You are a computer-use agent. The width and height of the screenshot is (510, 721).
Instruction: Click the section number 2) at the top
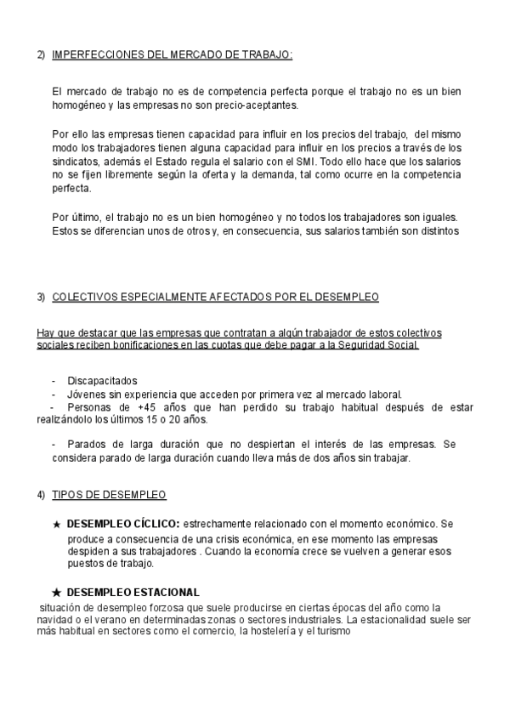41,54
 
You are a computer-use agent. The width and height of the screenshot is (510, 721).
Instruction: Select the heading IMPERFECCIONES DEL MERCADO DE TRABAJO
173,54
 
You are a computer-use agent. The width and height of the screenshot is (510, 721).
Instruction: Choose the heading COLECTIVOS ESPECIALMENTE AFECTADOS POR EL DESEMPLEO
215,297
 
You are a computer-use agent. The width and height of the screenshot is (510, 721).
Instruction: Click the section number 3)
41,297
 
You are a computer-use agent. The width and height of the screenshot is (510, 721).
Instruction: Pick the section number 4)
41,494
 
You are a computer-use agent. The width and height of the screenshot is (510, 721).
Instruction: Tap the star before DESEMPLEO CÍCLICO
56,525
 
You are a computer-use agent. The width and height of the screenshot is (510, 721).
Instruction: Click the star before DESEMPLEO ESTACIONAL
56,592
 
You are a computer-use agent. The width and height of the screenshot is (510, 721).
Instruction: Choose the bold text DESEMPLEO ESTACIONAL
133,592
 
